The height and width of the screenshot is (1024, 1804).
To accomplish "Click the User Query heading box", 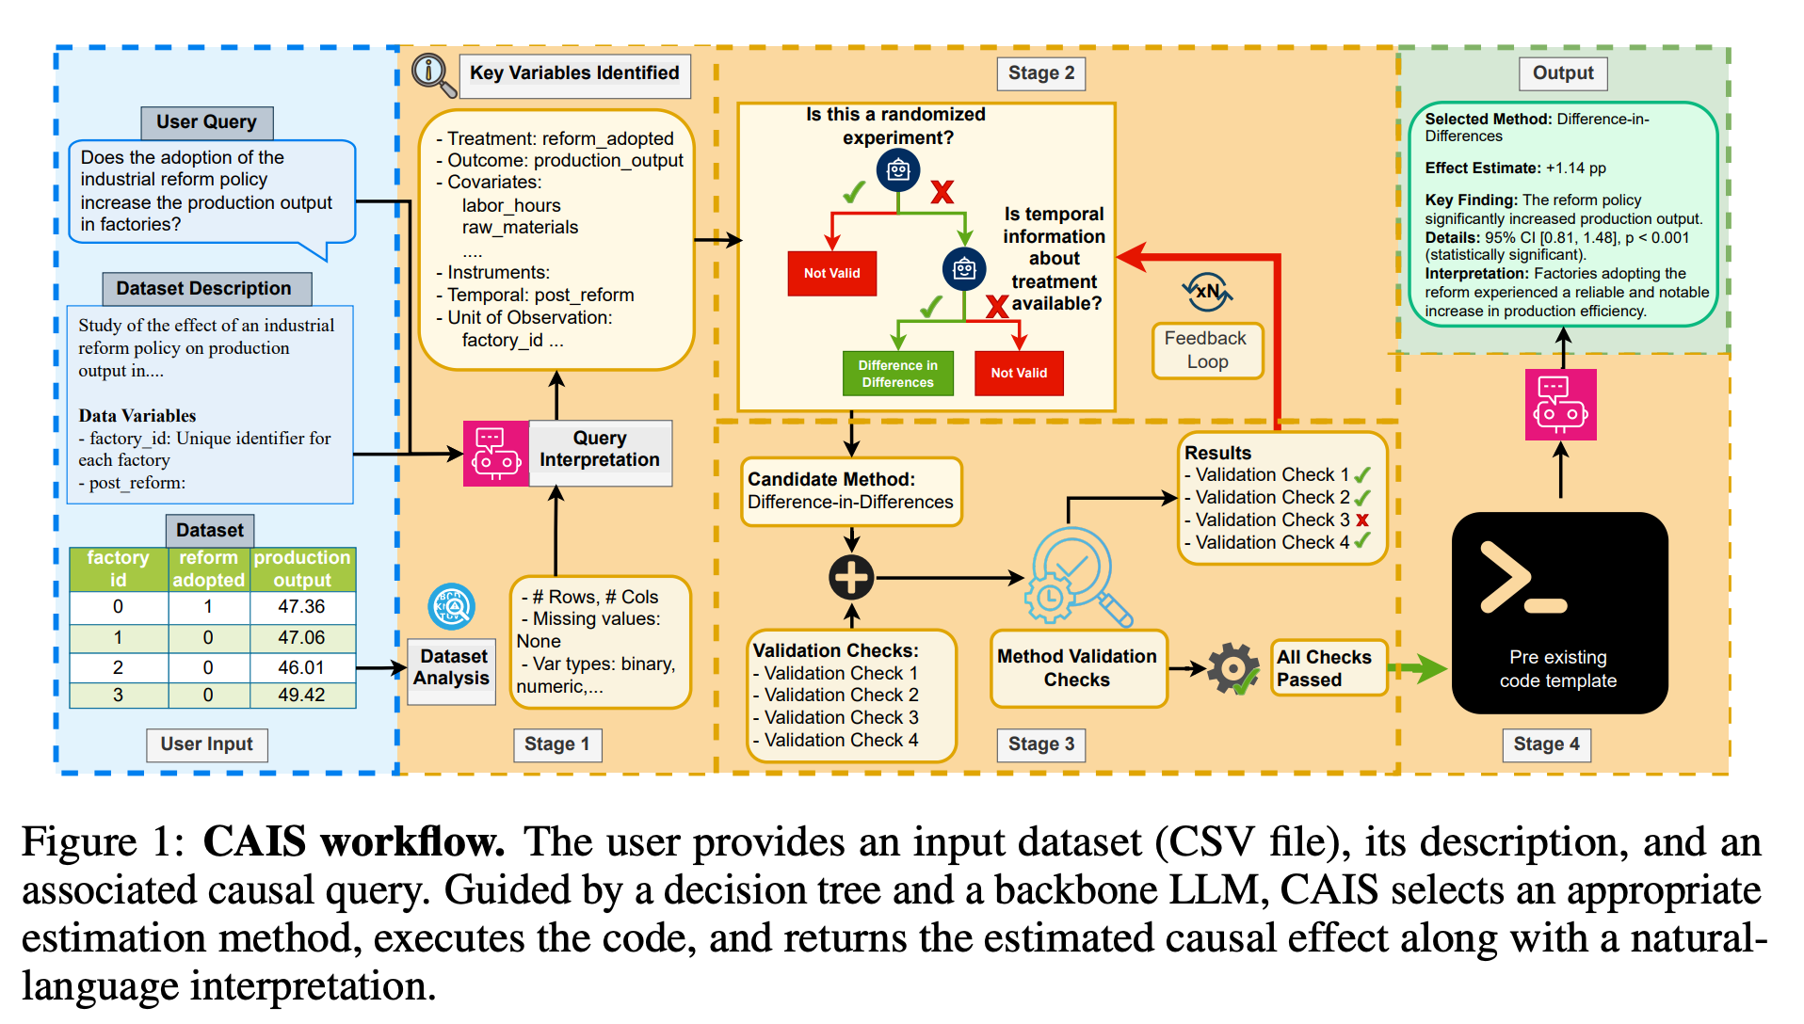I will click(x=206, y=122).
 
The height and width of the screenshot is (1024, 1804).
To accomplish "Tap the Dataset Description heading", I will click(x=203, y=289).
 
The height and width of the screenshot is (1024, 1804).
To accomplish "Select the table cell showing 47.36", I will click(x=301, y=607).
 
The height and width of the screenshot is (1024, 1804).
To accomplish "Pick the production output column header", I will click(x=302, y=568).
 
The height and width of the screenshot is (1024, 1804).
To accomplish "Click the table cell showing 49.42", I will click(x=301, y=696).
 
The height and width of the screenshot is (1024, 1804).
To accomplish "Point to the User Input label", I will click(x=206, y=744).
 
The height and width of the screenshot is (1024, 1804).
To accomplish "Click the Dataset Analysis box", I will click(x=453, y=667).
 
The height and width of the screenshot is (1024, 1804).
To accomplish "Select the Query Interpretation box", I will click(x=600, y=450).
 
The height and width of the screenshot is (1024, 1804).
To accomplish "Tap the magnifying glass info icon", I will click(x=433, y=73).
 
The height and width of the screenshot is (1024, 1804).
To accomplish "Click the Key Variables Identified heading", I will click(x=574, y=73).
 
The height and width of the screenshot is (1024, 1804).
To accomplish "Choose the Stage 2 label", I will click(x=1040, y=73).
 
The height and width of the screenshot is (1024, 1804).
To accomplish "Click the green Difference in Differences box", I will click(x=897, y=374).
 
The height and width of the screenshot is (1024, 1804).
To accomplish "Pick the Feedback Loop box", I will click(x=1206, y=350).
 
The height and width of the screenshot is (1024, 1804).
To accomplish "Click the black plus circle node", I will click(x=851, y=577).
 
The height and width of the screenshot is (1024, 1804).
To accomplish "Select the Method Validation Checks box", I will click(x=1077, y=668).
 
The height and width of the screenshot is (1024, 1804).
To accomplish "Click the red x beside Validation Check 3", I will click(x=1362, y=520).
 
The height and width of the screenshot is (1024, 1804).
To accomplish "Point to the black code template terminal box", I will click(x=1558, y=613).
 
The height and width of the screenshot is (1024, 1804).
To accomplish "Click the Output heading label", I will click(x=1563, y=73).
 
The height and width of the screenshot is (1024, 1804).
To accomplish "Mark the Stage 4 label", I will click(x=1546, y=744).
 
